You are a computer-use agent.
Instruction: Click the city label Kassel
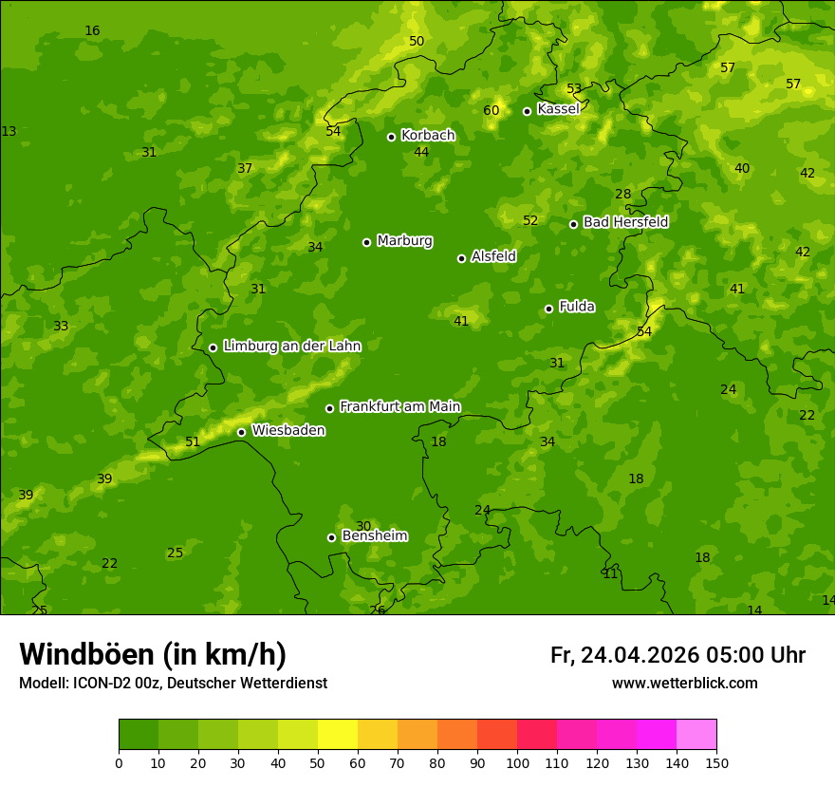coord(558,109)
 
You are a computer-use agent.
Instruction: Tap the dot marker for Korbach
coord(391,137)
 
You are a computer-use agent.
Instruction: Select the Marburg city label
coord(404,241)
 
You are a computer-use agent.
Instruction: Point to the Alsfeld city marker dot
coord(461,258)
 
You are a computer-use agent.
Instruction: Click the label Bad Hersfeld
coord(625,222)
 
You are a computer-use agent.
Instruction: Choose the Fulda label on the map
coord(577,307)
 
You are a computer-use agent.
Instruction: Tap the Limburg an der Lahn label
coord(291,347)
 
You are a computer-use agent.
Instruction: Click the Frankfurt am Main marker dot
coord(329,408)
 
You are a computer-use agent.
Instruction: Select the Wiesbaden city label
coord(288,431)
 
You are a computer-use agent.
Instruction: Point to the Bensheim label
coord(375,536)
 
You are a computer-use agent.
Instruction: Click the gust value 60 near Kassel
coord(491,111)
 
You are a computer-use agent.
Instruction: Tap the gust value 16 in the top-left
coord(92,31)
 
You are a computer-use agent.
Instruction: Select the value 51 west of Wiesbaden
coord(193,441)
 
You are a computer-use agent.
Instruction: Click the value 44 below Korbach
coord(421,153)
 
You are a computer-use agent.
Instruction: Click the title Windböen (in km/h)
coord(153,654)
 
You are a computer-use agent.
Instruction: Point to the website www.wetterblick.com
coord(684,684)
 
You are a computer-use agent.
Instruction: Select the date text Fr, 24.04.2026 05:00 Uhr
coord(677,655)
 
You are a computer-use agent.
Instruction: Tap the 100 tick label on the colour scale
coord(517,762)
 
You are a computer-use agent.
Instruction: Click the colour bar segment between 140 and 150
coord(696,735)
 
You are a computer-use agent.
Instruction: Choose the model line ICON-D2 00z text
coord(173,684)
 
